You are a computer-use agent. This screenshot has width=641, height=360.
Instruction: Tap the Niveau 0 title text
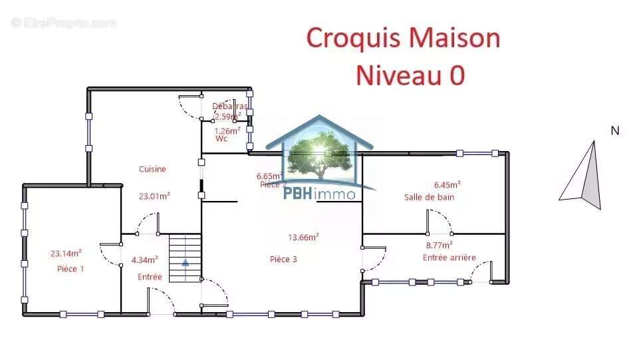coord(410,75)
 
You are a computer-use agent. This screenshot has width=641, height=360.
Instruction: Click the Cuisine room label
coord(152,169)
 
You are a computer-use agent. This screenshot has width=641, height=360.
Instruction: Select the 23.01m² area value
coord(154,196)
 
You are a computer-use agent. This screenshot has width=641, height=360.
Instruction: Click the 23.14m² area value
coord(66,253)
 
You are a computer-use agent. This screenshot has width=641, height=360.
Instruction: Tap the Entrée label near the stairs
coord(150,277)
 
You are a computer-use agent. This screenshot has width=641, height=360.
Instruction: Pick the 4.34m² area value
coord(144,260)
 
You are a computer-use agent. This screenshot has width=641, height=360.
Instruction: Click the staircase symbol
coord(185,258)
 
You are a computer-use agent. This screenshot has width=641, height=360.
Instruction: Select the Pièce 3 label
coord(283,260)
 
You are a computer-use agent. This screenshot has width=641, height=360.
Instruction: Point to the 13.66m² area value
coord(303,237)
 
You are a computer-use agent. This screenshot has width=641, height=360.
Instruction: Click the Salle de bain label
coord(429,197)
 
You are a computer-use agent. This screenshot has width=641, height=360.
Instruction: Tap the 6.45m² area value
coord(448,185)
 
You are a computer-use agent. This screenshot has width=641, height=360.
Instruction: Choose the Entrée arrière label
coord(449,258)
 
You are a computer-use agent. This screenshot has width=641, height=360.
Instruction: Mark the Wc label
coord(221,139)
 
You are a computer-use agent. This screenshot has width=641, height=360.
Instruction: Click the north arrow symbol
coord(583,176)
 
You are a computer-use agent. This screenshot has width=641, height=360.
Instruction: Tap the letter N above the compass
coord(615,131)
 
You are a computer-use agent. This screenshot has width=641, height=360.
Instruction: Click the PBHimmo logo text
coord(320,194)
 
